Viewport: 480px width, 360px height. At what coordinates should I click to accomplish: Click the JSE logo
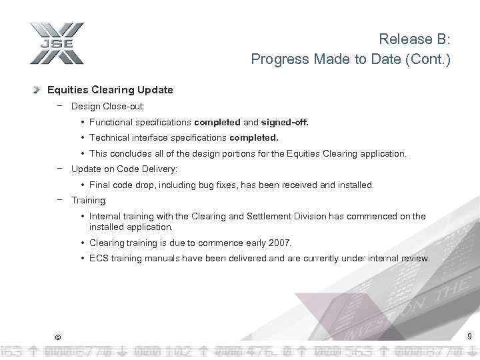tap(56, 44)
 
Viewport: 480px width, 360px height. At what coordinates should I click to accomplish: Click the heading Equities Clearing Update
tap(110, 89)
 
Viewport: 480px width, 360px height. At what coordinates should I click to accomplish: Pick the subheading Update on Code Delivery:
tap(124, 169)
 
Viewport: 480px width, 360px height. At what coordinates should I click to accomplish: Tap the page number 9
tap(469, 337)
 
